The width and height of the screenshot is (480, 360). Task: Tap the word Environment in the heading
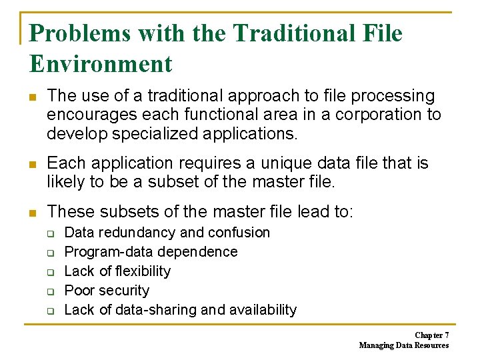coord(101,64)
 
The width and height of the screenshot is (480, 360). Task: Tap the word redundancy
coord(137,233)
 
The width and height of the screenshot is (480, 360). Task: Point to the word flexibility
coord(143,271)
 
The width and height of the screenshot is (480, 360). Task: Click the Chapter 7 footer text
coord(431,335)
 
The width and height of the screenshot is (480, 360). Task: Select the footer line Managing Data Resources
coord(404,345)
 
